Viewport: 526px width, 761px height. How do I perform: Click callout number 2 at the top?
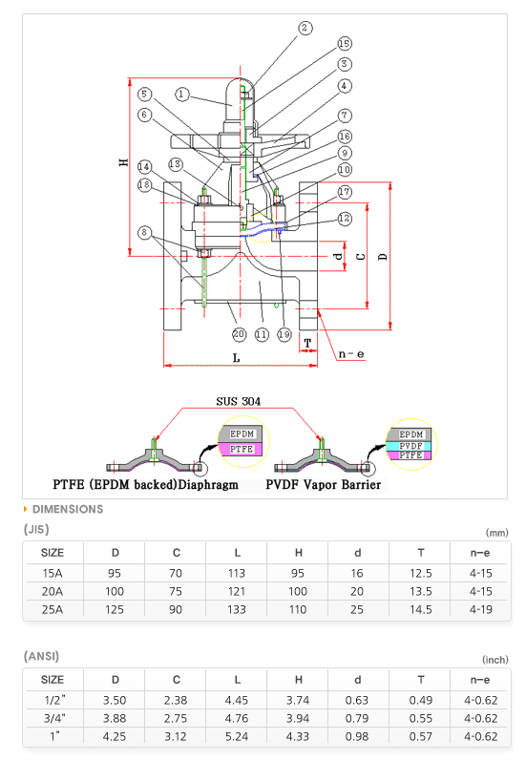click(305, 28)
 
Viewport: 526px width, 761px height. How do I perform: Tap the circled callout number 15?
click(344, 43)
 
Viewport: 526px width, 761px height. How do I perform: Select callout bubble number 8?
click(144, 232)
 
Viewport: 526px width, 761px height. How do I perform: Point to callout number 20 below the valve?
click(239, 334)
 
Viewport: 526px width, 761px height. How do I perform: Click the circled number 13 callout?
click(175, 164)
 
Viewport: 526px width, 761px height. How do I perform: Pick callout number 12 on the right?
click(345, 219)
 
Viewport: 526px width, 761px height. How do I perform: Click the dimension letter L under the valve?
click(237, 358)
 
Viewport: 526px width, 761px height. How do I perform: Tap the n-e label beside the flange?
click(351, 354)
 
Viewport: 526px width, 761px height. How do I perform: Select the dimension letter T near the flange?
click(307, 343)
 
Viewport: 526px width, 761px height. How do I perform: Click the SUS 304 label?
click(239, 401)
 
